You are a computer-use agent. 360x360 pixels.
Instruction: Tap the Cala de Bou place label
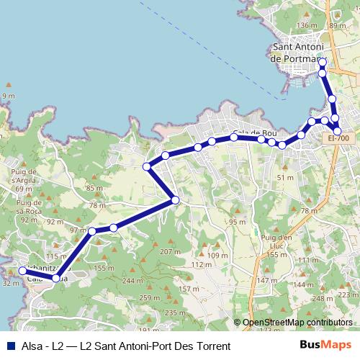point(254,133)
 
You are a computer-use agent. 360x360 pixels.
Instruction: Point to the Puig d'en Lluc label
point(276,241)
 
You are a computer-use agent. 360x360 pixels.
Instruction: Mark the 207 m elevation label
point(171,252)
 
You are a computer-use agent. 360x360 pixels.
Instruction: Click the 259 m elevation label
point(150,298)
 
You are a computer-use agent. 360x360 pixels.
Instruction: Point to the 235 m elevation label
point(175,312)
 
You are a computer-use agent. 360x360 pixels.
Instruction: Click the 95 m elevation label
point(238,222)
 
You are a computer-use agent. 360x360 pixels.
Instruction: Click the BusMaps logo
point(324,346)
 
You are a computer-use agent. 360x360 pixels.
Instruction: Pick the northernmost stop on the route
point(322,61)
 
